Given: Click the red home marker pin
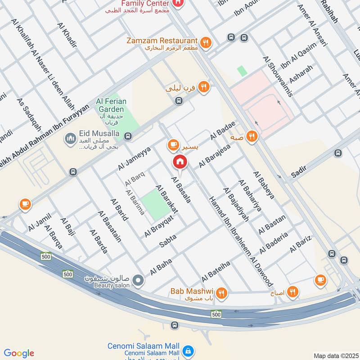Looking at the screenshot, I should pyautogui.click(x=180, y=162).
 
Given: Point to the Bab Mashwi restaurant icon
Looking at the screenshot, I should pyautogui.click(x=221, y=294).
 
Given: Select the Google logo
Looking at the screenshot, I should pyautogui.click(x=18, y=353).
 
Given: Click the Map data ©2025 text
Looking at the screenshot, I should pyautogui.click(x=335, y=355).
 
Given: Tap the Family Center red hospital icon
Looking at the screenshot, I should pyautogui.click(x=178, y=4).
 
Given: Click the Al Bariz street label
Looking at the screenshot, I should pyautogui.click(x=301, y=243).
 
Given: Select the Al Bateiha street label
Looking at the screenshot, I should pyautogui.click(x=216, y=269).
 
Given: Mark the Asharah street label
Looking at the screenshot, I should pyautogui.click(x=301, y=75).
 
